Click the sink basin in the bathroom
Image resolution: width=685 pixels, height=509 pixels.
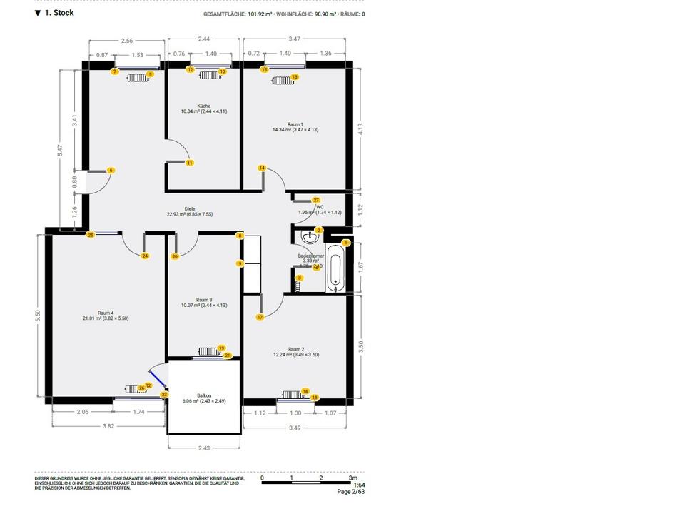pyautogui.click(x=308, y=236)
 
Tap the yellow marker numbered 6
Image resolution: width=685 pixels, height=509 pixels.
pyautogui.click(x=111, y=170)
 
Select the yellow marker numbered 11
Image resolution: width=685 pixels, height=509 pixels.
pyautogui.click(x=190, y=163)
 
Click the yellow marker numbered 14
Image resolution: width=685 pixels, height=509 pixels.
pyautogui.click(x=262, y=168)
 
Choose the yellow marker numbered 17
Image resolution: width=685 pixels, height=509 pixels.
pyautogui.click(x=260, y=316)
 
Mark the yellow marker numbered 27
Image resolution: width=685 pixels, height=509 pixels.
pyautogui.click(x=316, y=200)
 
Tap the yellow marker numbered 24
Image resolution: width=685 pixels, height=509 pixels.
pyautogui.click(x=145, y=256)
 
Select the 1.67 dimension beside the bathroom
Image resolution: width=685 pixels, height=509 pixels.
pyautogui.click(x=361, y=267)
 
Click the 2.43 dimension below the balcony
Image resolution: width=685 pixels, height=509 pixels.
pyautogui.click(x=203, y=448)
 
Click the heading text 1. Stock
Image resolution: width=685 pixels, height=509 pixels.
pyautogui.click(x=59, y=13)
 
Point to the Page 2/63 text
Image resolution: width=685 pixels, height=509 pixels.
pyautogui.click(x=350, y=492)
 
